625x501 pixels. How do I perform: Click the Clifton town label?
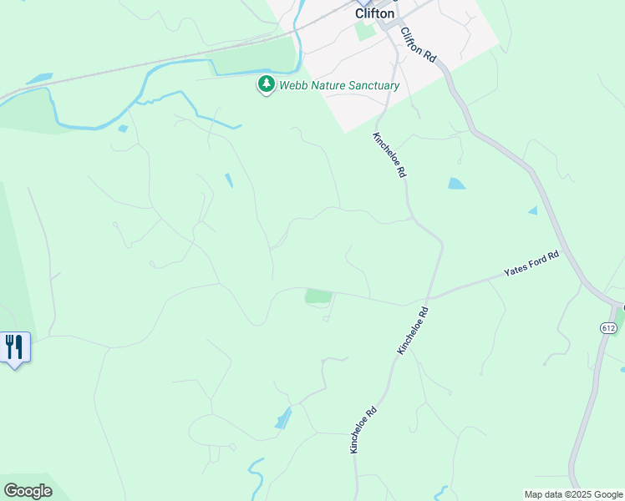pyautogui.click(x=374, y=13)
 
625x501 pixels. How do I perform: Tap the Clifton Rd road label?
pyautogui.click(x=419, y=45)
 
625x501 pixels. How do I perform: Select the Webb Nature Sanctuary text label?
pyautogui.click(x=339, y=85)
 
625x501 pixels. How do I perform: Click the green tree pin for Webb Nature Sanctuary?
pyautogui.click(x=267, y=83)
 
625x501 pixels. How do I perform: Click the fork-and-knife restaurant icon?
pyautogui.click(x=14, y=346)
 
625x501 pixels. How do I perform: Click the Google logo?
pyautogui.click(x=28, y=491)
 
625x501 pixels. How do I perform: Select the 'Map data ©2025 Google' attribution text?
pyautogui.click(x=573, y=494)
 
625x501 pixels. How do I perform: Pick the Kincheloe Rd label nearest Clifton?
pyautogui.click(x=389, y=154)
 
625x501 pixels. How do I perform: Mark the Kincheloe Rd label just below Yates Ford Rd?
pyautogui.click(x=413, y=331)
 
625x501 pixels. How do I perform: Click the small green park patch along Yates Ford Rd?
pyautogui.click(x=318, y=296)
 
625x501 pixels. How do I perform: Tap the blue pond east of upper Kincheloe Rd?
pyautogui.click(x=456, y=184)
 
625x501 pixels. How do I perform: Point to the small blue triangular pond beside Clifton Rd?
pyautogui.click(x=533, y=210)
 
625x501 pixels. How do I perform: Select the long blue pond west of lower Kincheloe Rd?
pyautogui.click(x=284, y=417)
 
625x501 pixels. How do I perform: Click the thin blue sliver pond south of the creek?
pyautogui.click(x=228, y=180)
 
